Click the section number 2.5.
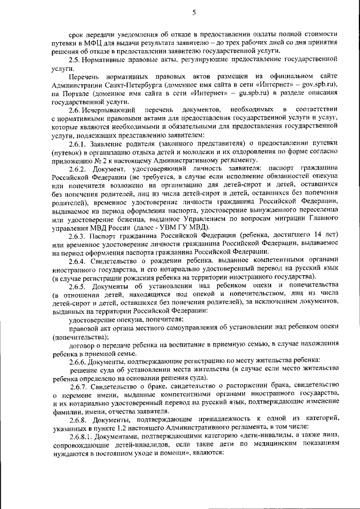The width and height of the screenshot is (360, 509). (74, 60)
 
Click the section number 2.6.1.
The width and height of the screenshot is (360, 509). (78, 143)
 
